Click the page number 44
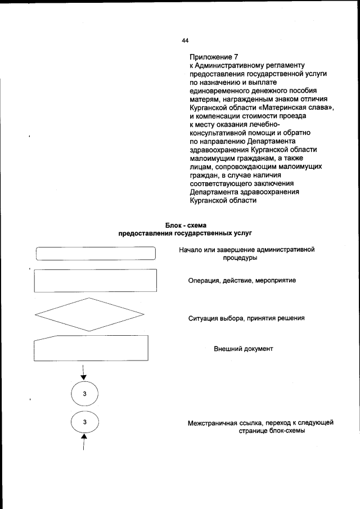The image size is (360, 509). (x=185, y=40)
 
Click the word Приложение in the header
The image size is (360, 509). (x=210, y=57)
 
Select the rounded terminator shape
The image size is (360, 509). (x=96, y=254)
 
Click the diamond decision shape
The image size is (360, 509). (x=91, y=314)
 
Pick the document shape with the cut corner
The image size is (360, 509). (x=92, y=348)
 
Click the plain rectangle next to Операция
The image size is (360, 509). (x=96, y=280)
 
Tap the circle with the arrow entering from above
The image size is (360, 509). (x=84, y=393)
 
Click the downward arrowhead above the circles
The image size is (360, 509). (x=84, y=377)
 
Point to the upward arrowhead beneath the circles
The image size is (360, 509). (x=84, y=436)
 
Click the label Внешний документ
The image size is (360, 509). (x=243, y=349)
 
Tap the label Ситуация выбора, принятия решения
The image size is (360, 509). (x=246, y=318)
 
